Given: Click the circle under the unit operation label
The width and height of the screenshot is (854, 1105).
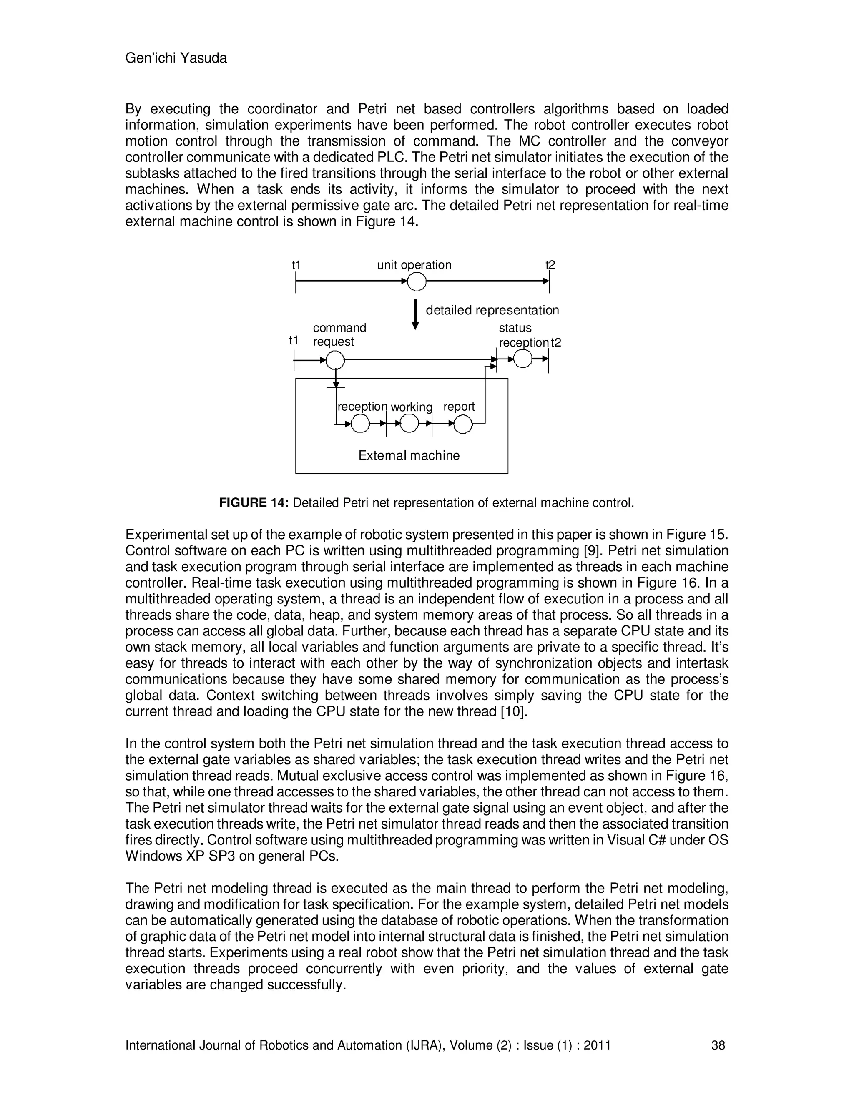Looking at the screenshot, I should [417, 281].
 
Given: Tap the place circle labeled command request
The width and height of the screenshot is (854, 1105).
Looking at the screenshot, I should [335, 360].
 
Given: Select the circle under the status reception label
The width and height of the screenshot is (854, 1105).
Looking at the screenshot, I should [522, 359].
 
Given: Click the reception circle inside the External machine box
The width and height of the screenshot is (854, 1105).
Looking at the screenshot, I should [360, 424].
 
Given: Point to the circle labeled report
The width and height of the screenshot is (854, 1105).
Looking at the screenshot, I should [462, 424].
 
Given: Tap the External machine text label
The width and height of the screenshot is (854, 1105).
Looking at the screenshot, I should [409, 455].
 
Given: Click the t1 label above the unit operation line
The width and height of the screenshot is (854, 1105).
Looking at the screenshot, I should [296, 265].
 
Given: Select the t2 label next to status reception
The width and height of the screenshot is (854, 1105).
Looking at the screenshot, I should [555, 342].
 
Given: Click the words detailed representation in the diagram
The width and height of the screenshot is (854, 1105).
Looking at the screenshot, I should [492, 310].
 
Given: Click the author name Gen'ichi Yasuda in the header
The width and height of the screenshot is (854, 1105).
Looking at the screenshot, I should [176, 58].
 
